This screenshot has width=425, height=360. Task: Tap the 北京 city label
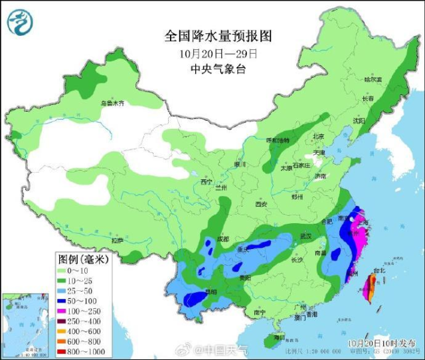tap(319, 137)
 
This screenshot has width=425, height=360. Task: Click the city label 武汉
tap(305, 236)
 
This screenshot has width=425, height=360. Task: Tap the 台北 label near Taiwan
tap(379, 271)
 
